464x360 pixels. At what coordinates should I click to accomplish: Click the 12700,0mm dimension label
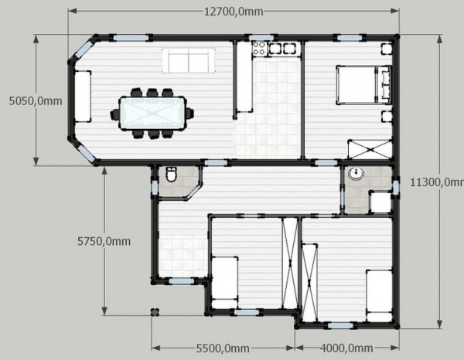tap(234, 12)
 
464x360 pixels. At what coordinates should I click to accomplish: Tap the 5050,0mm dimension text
tap(36, 101)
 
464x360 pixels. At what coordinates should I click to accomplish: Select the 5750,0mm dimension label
tap(104, 241)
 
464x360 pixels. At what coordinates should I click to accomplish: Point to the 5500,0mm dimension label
tap(223, 348)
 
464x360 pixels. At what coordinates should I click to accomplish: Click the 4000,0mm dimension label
tap(346, 348)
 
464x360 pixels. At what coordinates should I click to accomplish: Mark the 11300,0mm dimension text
tap(437, 182)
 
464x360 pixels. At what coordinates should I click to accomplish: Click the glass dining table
tap(152, 113)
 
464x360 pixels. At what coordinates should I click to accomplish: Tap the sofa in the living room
tap(189, 61)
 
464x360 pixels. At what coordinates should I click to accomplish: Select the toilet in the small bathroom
tap(172, 174)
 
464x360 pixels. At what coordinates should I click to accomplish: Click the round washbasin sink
tap(357, 174)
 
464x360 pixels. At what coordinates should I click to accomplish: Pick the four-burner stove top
tap(259, 49)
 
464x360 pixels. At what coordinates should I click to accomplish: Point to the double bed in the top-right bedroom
tap(364, 85)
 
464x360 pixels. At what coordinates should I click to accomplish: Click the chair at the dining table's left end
tap(114, 114)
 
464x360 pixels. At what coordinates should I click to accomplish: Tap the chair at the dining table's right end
tap(190, 114)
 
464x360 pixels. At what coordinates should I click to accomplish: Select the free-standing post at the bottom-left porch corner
tap(155, 312)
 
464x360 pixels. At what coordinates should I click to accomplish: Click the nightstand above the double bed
tap(387, 49)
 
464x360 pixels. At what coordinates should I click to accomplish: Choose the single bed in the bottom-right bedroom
tap(379, 296)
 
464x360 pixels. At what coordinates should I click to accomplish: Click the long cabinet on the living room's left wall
tap(83, 97)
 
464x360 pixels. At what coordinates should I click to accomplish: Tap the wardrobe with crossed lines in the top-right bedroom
tap(370, 150)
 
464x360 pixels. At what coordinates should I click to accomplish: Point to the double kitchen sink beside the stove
tap(282, 49)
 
